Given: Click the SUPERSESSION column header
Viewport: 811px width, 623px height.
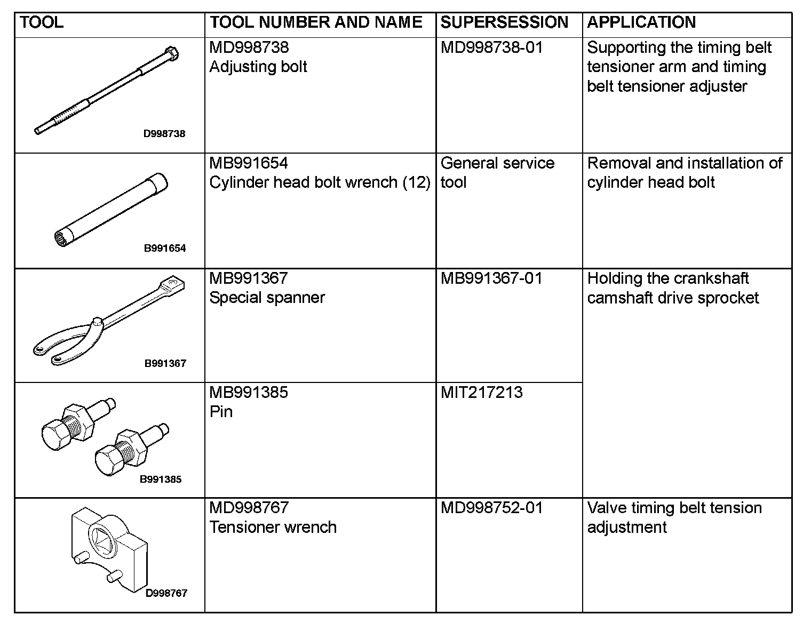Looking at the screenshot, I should (504, 22).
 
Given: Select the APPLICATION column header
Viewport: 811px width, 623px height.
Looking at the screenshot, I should (641, 22).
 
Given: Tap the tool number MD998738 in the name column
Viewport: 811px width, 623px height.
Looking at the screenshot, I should (249, 47).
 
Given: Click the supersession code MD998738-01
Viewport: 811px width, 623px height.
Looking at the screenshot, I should (491, 47).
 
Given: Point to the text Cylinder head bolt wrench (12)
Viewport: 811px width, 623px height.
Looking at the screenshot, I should (320, 182).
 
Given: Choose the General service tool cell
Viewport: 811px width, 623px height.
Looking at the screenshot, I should (497, 172).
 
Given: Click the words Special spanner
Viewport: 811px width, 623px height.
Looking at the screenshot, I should (267, 298).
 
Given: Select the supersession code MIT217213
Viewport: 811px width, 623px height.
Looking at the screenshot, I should (482, 393).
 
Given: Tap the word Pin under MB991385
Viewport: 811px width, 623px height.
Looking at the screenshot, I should (221, 412).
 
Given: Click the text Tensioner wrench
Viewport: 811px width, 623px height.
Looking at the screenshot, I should (273, 527).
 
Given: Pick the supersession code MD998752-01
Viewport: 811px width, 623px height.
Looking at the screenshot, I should (491, 508).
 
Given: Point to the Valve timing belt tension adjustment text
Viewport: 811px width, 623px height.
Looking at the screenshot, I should (674, 517).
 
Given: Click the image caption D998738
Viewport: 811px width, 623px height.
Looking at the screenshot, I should (164, 134).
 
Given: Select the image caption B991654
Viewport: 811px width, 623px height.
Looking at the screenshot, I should (165, 248).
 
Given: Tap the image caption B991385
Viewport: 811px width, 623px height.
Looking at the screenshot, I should (161, 479).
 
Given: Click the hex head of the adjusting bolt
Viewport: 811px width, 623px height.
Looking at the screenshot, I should (171, 53).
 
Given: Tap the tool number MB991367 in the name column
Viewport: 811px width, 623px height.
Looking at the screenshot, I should (249, 278).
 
